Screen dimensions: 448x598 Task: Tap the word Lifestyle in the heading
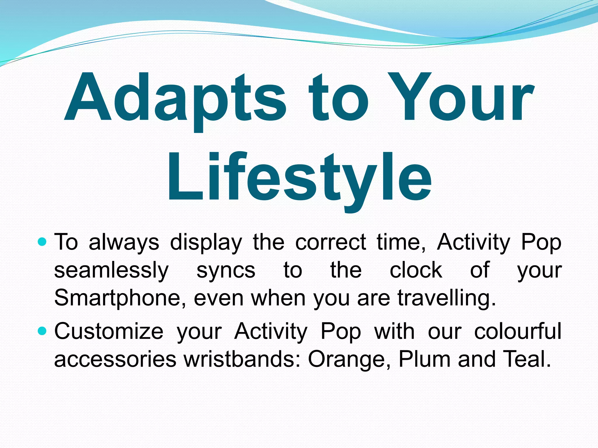click(299, 178)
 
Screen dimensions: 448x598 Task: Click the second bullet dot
click(42, 331)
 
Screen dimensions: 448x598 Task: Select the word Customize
click(109, 332)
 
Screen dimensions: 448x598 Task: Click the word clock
click(416, 270)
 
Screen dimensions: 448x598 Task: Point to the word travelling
click(446, 298)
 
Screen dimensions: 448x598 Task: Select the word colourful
click(517, 332)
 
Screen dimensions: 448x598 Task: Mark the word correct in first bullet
click(330, 242)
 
